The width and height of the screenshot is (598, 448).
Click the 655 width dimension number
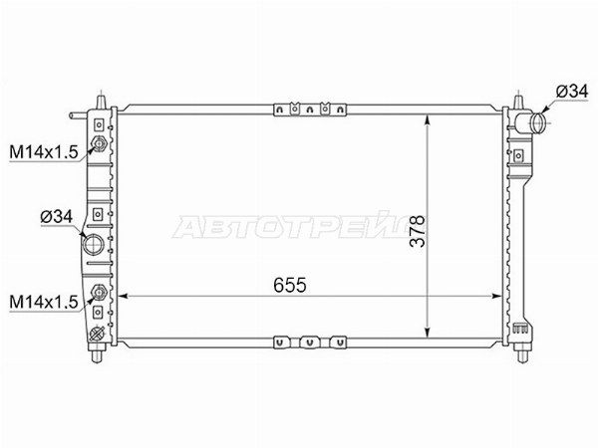pos(290,285)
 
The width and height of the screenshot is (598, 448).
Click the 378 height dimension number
pos(418,231)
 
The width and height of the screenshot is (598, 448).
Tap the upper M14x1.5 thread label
pos(44,152)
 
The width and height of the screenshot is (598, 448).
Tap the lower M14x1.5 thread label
pos(44,302)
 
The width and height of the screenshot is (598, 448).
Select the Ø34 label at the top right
pos(572,92)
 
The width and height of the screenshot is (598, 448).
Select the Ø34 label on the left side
pos(57,217)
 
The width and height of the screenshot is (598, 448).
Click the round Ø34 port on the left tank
pos(94,245)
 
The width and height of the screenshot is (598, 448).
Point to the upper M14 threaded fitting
pos(99,144)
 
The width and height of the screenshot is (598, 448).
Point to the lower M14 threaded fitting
pos(99,293)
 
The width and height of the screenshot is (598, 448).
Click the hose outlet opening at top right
pos(539,122)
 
